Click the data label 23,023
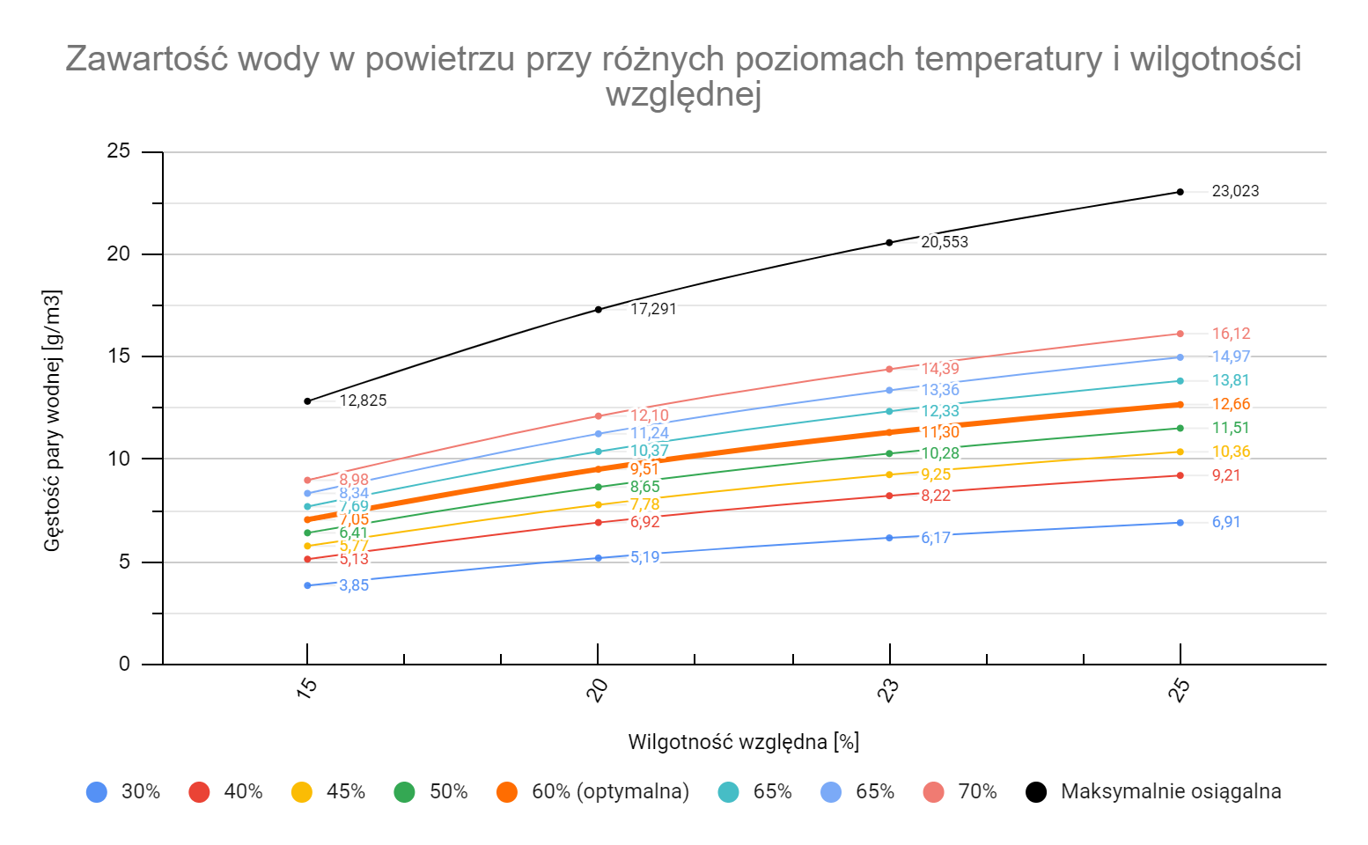(1235, 191)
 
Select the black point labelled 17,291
(599, 309)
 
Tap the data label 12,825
(363, 400)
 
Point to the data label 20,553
(945, 242)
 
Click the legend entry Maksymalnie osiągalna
(1170, 791)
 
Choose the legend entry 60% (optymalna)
(609, 791)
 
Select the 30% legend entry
(140, 791)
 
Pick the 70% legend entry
(977, 791)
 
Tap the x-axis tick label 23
(888, 691)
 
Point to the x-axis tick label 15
(306, 691)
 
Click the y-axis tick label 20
(118, 254)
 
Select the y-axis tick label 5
(124, 562)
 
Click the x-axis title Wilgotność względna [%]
(743, 742)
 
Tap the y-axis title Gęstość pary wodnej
(53, 421)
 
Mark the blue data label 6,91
(1226, 522)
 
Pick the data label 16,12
(1231, 334)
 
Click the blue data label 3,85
(354, 585)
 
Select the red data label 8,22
(936, 496)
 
